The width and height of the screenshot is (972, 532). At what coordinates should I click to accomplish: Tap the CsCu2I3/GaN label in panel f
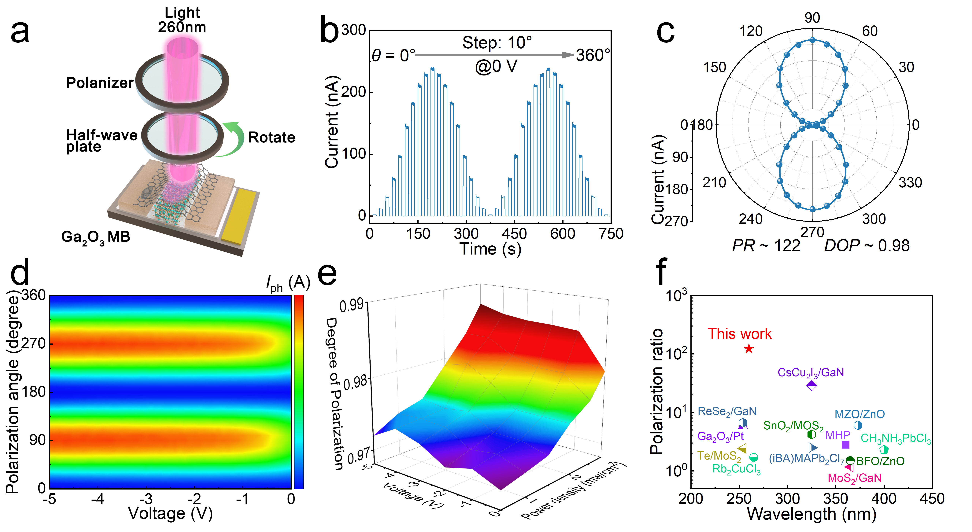pos(811,373)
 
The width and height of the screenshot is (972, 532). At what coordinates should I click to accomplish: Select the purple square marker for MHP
pos(846,444)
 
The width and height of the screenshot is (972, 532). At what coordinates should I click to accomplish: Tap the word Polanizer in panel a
pos(100,83)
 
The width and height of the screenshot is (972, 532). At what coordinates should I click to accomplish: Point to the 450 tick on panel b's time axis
pos(514,234)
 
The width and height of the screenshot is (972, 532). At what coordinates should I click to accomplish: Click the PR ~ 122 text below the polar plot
pos(766,246)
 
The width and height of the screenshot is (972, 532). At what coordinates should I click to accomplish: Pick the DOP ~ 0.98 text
pos(867,246)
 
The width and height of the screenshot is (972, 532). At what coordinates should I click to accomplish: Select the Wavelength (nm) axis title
pos(811,514)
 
